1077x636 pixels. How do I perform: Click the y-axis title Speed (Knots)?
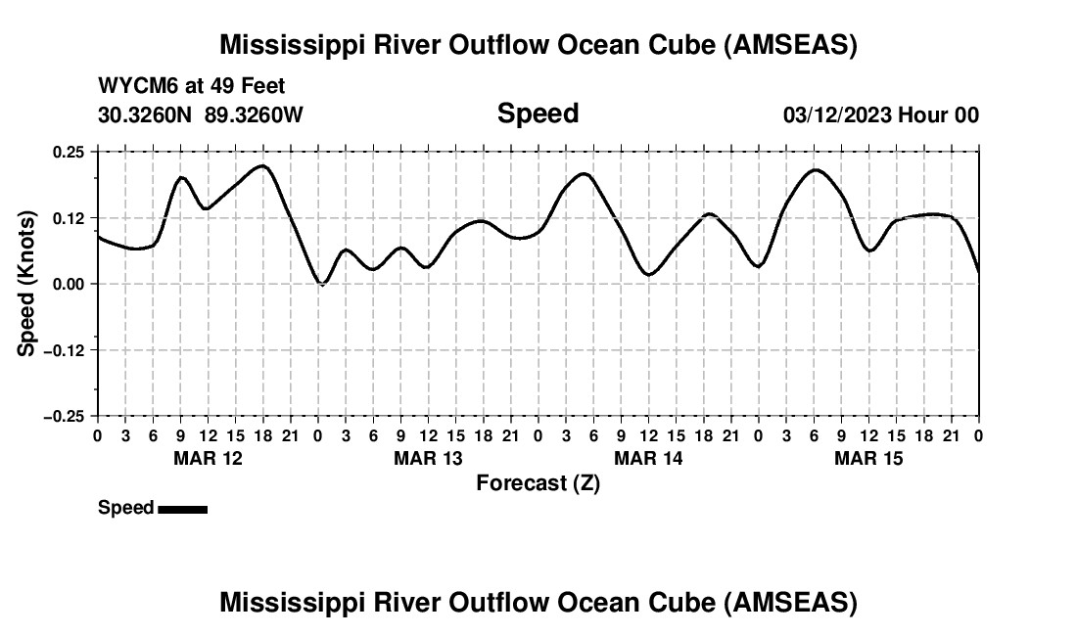[27, 283]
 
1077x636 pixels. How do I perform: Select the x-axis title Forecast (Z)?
[538, 483]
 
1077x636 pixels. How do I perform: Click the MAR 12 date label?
[208, 458]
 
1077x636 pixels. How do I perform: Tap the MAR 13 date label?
[428, 458]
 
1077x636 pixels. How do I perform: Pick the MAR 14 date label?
[648, 458]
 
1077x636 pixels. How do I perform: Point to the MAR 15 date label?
[868, 458]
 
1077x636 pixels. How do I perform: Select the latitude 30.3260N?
[146, 115]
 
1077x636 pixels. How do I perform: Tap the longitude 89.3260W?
[254, 115]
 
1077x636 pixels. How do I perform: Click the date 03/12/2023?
[837, 115]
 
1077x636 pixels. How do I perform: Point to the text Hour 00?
[939, 115]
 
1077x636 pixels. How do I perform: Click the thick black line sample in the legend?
[183, 509]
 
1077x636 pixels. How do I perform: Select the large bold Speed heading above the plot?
[538, 114]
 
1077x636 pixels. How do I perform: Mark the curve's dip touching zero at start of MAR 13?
[321, 284]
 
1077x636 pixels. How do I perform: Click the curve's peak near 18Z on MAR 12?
[261, 165]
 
